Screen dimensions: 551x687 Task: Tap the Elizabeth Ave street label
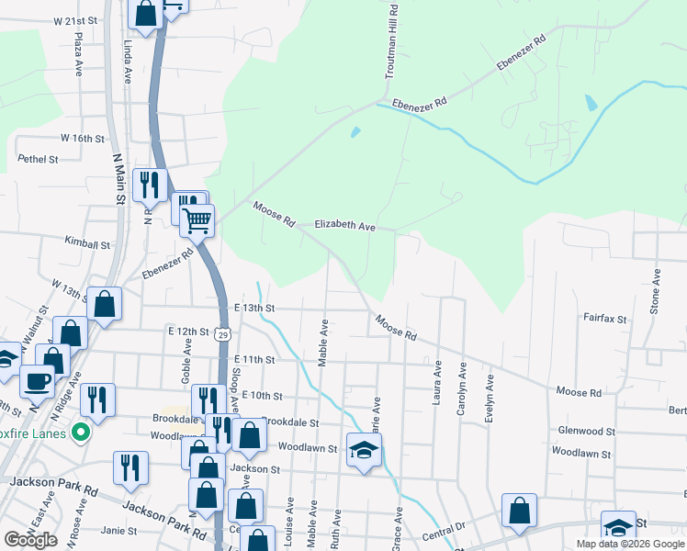point(345,225)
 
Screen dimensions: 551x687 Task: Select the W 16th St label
point(84,138)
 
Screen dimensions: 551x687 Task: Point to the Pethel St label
point(38,159)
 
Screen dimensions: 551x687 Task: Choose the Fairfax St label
point(604,319)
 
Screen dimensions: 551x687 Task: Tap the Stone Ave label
point(655,292)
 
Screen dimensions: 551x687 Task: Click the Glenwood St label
point(586,431)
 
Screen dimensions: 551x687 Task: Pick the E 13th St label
point(254,308)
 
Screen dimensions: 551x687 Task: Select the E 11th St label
point(254,360)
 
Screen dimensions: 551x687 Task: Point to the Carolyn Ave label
point(461,389)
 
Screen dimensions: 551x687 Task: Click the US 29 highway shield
point(223,336)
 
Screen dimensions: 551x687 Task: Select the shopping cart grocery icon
point(197,220)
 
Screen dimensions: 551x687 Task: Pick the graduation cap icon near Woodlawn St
point(364,449)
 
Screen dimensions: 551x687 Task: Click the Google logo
point(30,540)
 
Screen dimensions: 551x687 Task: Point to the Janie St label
point(118,531)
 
